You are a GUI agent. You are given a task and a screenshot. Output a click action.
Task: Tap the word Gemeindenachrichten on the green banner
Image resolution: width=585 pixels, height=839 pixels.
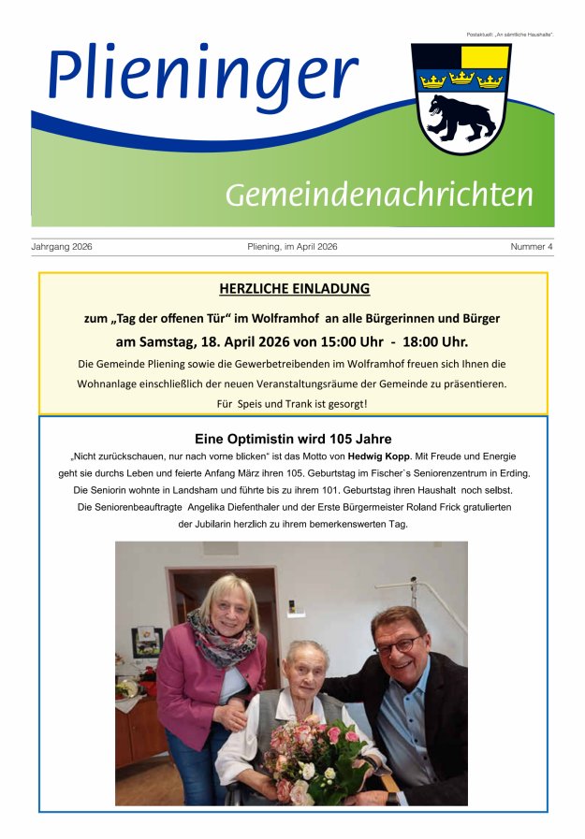click(x=378, y=195)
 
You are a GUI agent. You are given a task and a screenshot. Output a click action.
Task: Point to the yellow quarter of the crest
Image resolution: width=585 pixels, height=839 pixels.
click(x=485, y=57)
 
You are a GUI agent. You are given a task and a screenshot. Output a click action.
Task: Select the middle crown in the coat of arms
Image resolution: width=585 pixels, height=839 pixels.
click(x=461, y=80)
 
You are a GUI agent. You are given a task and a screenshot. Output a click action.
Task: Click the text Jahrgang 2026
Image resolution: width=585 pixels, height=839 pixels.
click(x=62, y=247)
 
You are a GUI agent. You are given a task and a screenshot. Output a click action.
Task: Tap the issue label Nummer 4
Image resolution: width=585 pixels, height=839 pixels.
click(x=532, y=247)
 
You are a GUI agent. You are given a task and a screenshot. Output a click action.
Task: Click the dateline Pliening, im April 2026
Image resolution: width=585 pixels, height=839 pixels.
click(x=292, y=247)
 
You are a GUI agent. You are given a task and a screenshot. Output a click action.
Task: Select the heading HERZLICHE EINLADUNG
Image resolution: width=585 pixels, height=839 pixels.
click(x=294, y=289)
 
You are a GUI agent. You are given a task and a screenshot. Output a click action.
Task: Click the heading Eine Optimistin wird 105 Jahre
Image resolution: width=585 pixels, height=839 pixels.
click(x=293, y=439)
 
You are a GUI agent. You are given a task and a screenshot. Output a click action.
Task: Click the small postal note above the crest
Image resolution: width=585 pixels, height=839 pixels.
click(x=510, y=35)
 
